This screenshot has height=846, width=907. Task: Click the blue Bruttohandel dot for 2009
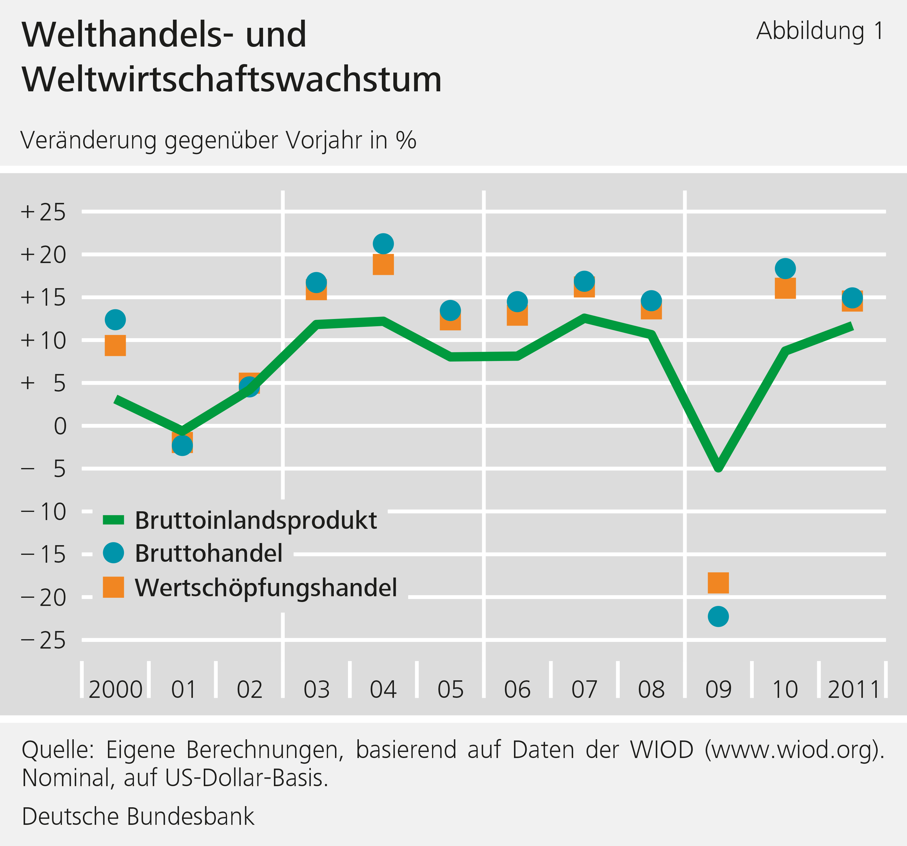718,617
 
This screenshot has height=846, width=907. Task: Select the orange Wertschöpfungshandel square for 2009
718,583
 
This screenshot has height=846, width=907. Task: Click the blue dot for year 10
785,268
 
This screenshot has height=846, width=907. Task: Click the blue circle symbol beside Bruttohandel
113,553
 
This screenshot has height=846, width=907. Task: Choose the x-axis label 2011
853,689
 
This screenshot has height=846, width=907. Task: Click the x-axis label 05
450,689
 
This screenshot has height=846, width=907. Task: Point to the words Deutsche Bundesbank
138,816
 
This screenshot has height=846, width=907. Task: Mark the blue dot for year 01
182,445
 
